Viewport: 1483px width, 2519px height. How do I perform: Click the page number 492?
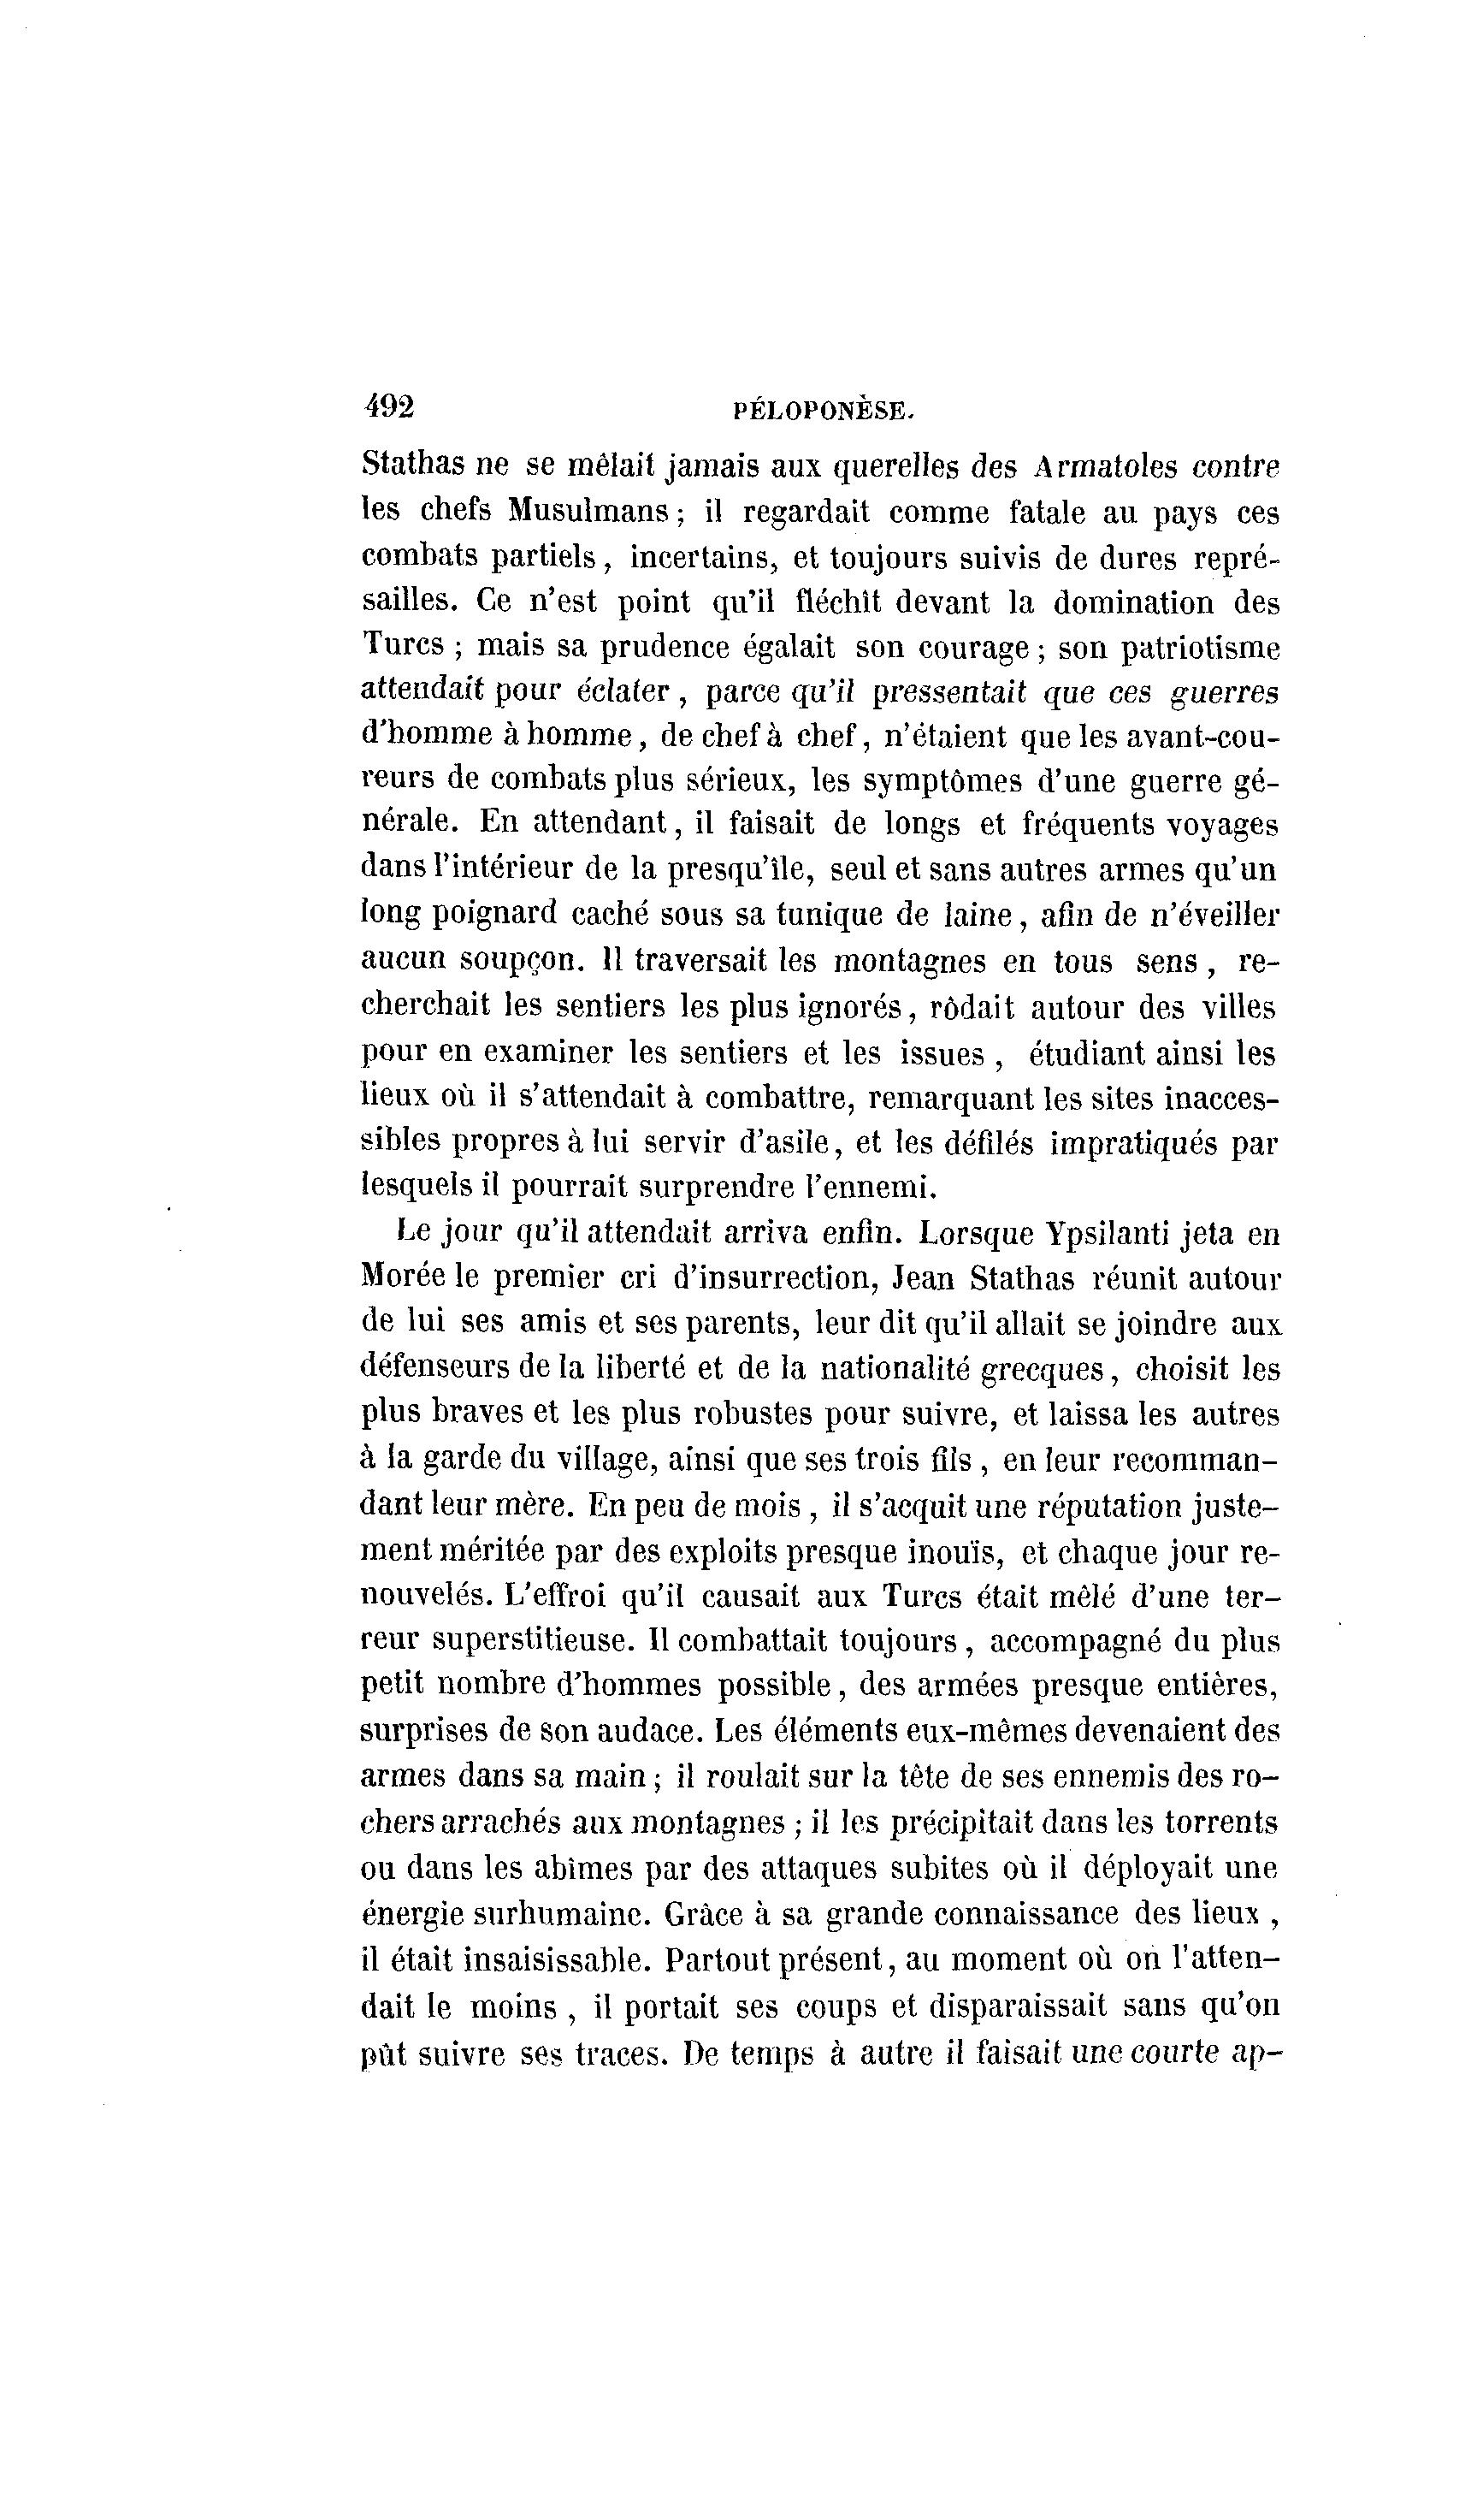pyautogui.click(x=389, y=406)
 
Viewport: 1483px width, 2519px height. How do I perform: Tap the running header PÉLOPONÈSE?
pyautogui.click(x=824, y=410)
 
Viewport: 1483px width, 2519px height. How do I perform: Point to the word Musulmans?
pyautogui.click(x=588, y=511)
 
